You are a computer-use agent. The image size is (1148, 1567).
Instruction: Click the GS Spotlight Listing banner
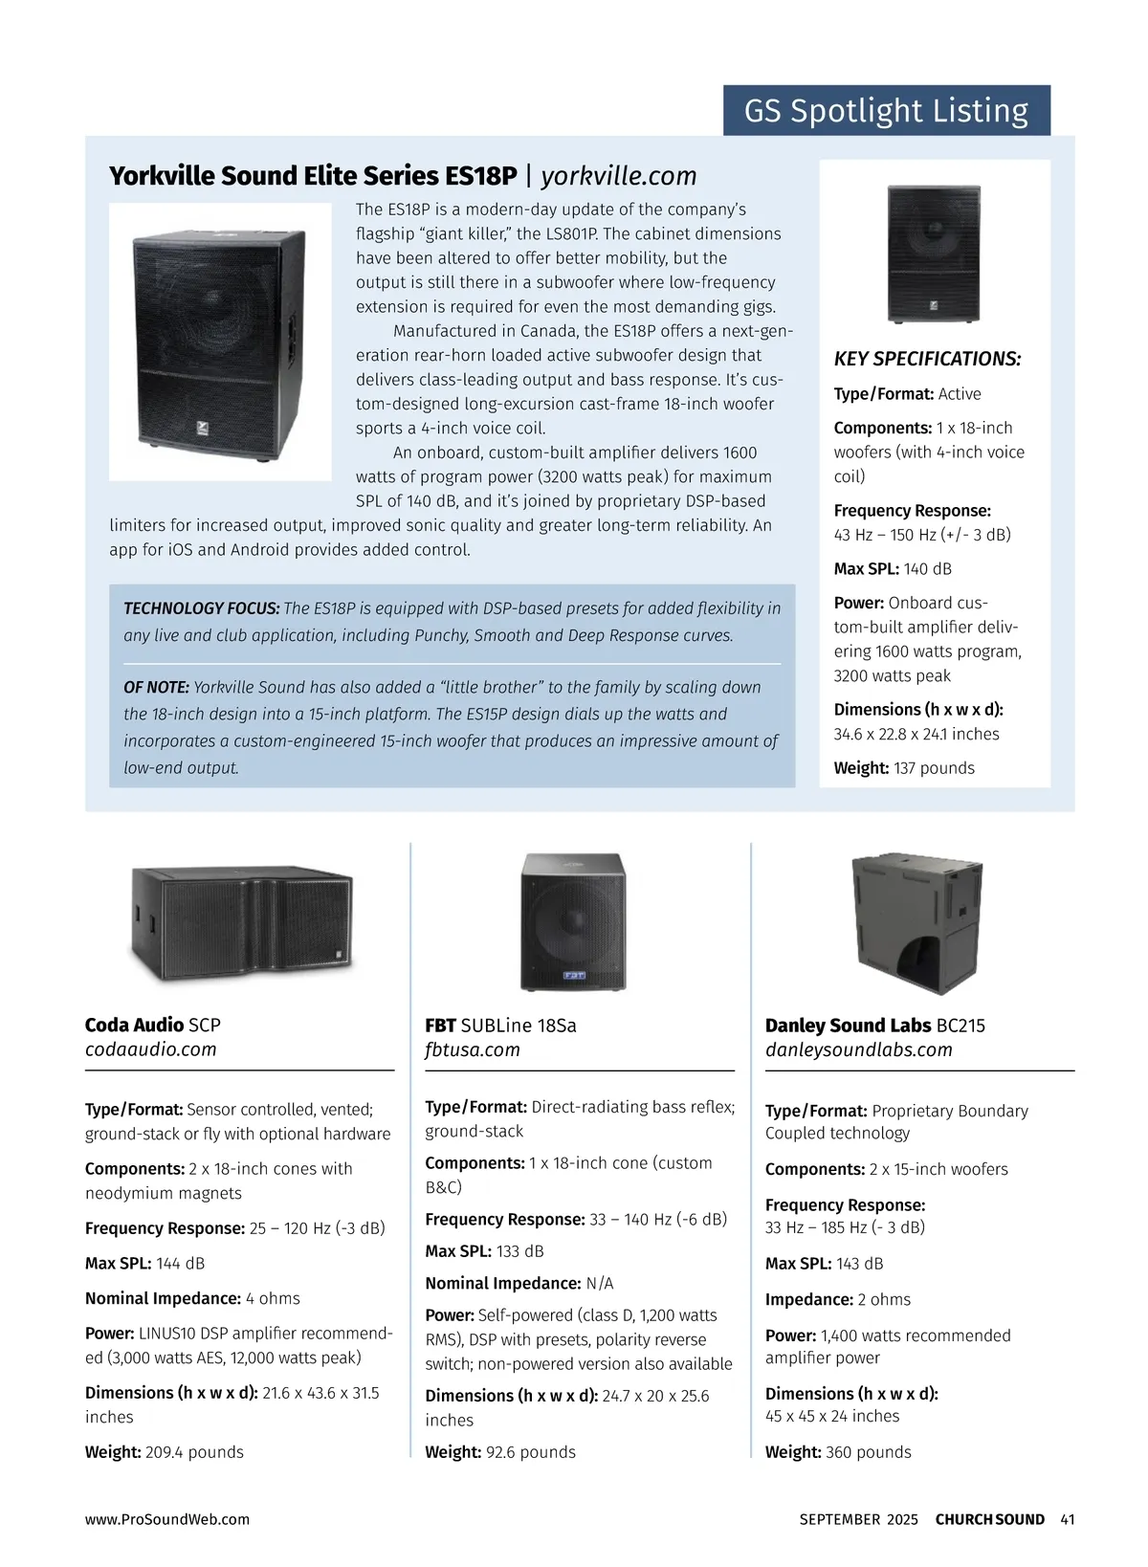tap(886, 111)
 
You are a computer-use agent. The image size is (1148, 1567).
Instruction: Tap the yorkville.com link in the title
tap(618, 176)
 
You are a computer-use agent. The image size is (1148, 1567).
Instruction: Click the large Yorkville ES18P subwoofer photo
tap(219, 342)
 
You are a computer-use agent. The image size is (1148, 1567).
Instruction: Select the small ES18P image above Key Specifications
tap(934, 254)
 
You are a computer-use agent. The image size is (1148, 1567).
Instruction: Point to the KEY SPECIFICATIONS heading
tap(927, 360)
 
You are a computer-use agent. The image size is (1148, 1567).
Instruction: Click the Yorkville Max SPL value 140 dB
tap(927, 569)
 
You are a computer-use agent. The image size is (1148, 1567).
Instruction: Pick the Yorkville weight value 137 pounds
tap(934, 768)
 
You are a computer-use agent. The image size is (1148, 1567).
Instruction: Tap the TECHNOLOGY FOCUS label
tap(201, 608)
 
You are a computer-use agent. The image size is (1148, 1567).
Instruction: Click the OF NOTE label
tap(157, 688)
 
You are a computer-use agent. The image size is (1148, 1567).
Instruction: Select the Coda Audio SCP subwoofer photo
tap(241, 923)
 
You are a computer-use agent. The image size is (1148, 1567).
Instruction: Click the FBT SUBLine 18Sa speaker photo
tap(572, 921)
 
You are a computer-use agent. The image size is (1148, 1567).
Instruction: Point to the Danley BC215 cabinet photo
tap(916, 924)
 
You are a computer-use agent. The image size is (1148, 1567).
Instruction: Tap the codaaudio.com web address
tap(151, 1049)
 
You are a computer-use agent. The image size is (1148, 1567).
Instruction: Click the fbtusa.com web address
tap(473, 1049)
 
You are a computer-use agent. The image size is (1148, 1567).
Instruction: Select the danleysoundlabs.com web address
tap(858, 1049)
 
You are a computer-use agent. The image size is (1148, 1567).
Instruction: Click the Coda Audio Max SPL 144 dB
tap(180, 1264)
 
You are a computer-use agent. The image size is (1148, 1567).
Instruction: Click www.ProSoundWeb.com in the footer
tap(167, 1519)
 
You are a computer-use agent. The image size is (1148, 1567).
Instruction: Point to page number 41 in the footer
tap(1068, 1519)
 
